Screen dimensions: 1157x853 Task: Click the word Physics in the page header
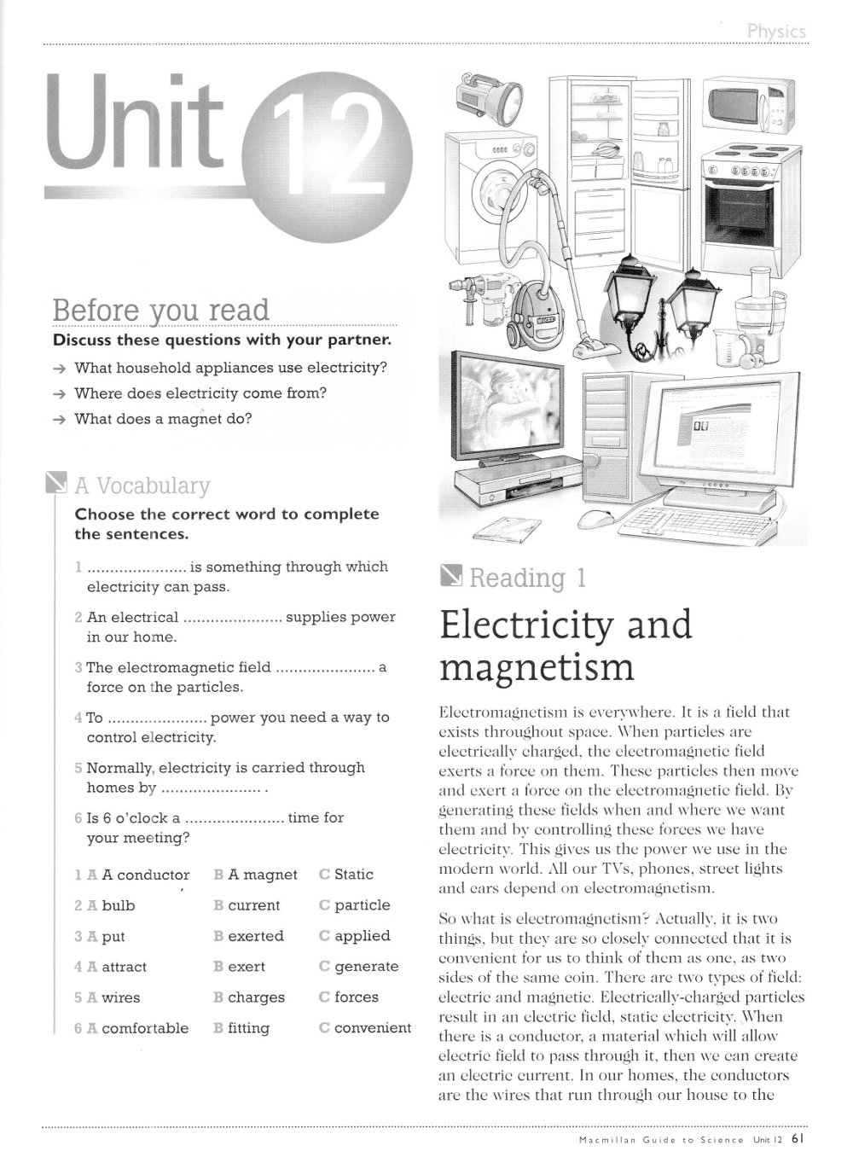(775, 32)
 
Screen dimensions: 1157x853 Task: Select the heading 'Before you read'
(160, 310)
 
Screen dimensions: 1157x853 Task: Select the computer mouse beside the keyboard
(594, 519)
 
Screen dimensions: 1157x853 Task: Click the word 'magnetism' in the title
(537, 667)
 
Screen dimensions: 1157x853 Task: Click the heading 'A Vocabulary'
(142, 485)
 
